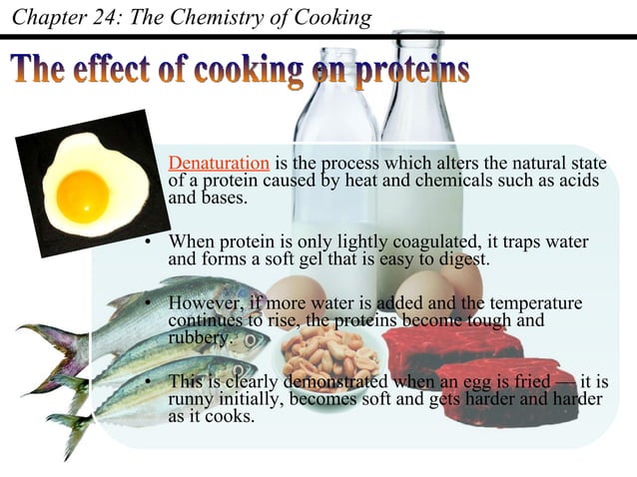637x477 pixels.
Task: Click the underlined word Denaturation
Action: point(219,164)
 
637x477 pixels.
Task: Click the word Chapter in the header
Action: point(48,17)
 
